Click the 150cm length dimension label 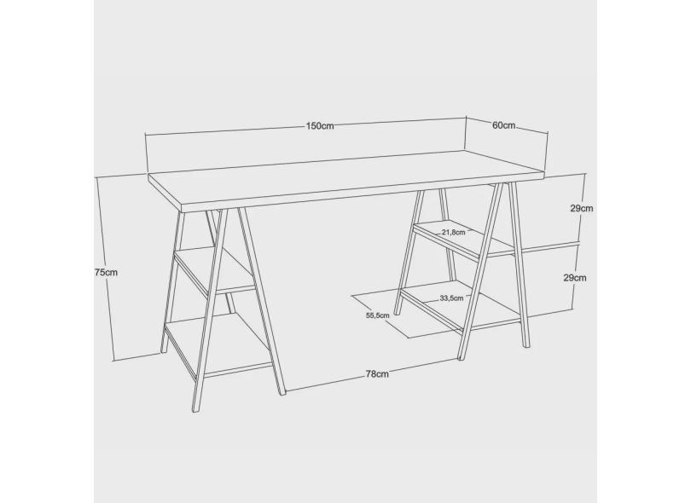(320, 126)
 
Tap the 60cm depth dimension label (503, 125)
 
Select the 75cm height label (106, 272)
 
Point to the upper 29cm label (582, 208)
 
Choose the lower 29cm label (575, 278)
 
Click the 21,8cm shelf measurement (454, 232)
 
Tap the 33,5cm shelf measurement (451, 298)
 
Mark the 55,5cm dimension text (378, 315)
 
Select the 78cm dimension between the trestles (377, 374)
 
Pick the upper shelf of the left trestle (215, 270)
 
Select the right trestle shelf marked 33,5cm (461, 306)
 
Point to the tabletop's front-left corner (183, 207)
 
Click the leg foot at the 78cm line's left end (282, 393)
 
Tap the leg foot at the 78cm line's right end (461, 358)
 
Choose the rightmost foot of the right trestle (526, 345)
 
